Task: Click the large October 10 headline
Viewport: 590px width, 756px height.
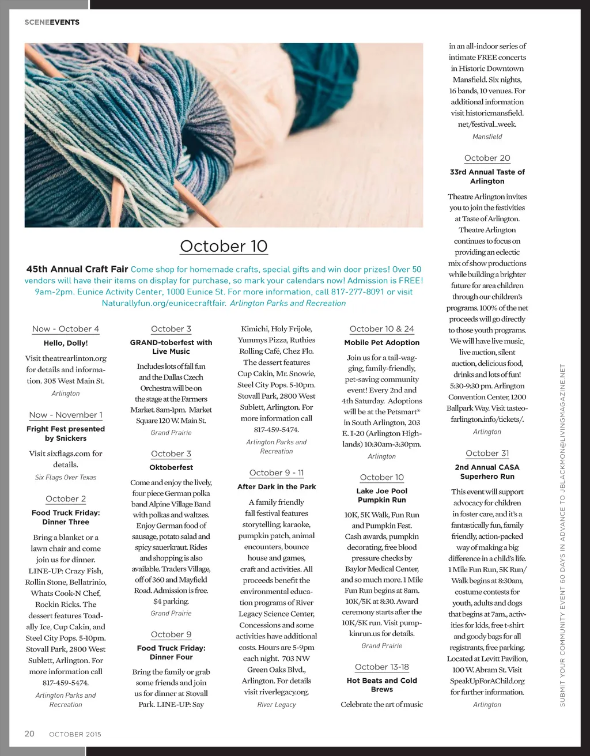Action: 224,246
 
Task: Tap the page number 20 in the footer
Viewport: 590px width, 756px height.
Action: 29,734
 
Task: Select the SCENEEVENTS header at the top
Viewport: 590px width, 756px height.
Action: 52,22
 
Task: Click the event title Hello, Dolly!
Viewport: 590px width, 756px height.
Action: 66,343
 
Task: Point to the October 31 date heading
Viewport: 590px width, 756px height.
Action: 487,453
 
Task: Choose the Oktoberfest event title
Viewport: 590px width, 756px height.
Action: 171,467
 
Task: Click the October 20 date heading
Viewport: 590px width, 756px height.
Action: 487,158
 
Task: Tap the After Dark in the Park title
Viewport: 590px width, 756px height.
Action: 277,486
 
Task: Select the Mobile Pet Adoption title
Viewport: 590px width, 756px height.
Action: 381,342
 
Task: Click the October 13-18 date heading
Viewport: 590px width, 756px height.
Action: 381,667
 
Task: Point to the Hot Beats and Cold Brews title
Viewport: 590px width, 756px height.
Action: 381,685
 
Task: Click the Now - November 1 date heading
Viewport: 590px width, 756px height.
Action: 66,415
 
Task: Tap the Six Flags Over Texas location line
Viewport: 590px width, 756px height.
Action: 66,477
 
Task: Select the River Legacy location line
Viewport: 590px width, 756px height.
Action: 277,704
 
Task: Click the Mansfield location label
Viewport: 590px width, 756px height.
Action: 487,137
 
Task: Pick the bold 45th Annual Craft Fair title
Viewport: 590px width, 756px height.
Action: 77,269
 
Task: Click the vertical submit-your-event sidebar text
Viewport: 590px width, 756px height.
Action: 563,536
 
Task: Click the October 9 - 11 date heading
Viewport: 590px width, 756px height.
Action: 277,472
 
